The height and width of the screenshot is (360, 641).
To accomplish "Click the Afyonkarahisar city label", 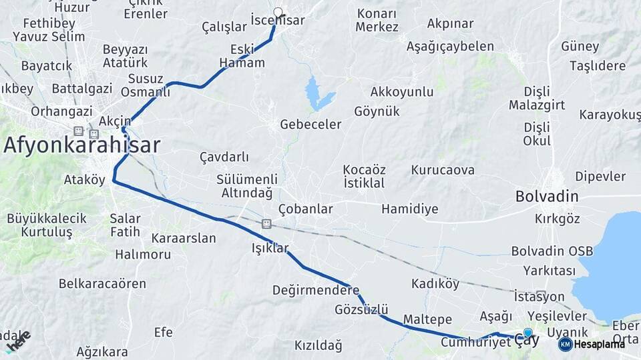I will tap(81, 145).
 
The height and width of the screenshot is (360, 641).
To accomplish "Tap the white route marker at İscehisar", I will tap(278, 12).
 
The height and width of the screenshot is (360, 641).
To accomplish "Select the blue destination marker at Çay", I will tap(528, 333).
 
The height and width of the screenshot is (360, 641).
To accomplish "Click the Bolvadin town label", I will tap(547, 197).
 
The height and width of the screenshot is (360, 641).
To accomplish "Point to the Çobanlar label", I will tap(306, 209).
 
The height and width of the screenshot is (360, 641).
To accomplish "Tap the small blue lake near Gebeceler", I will tap(318, 93).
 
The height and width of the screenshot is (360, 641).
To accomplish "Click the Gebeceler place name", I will tap(310, 124).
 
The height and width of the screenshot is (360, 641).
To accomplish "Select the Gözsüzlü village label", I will tap(361, 309).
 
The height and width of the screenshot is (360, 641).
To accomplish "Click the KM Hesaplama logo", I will tap(591, 344).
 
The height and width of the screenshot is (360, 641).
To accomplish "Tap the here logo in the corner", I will tap(17, 341).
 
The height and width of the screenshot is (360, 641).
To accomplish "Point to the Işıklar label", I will tap(270, 248).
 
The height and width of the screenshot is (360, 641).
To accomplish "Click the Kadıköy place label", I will tap(435, 284).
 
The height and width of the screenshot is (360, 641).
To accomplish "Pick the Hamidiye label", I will tap(410, 209).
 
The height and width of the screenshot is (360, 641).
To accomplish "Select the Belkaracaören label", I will tap(102, 283).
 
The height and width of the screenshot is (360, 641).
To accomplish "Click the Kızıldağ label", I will tap(318, 345).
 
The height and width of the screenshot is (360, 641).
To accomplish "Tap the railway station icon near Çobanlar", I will tap(266, 223).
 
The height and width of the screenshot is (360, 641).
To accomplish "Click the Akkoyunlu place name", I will tap(402, 92).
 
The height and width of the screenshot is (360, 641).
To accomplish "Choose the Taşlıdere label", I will tap(598, 66).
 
